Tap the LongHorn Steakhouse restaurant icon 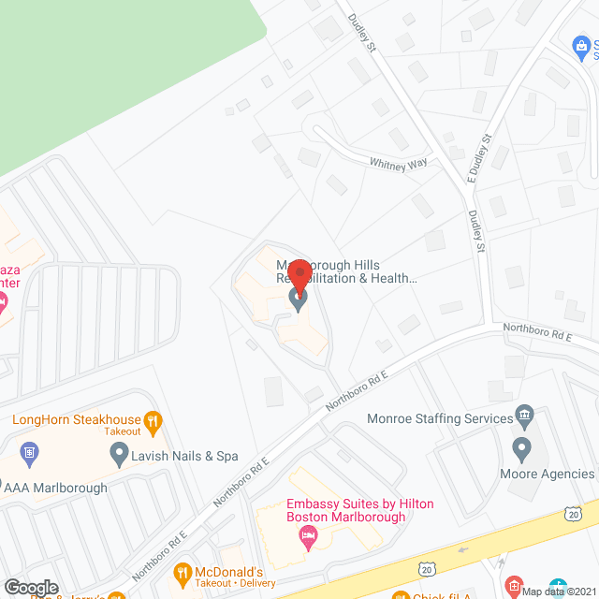pyautogui.click(x=155, y=421)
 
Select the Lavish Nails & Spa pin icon pyautogui.click(x=119, y=456)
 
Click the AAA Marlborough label pyautogui.click(x=56, y=488)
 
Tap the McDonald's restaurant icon pyautogui.click(x=183, y=573)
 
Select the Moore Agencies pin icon pyautogui.click(x=521, y=448)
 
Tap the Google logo pyautogui.click(x=31, y=588)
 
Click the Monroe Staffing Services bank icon pyautogui.click(x=525, y=417)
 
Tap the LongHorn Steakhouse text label pyautogui.click(x=77, y=420)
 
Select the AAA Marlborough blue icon pyautogui.click(x=28, y=454)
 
